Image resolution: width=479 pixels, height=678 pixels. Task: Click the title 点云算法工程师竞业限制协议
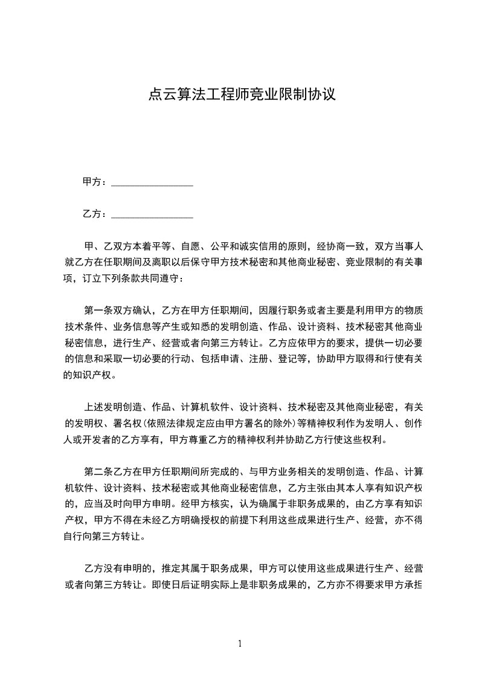point(240,94)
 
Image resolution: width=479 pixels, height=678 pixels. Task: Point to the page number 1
point(240,644)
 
